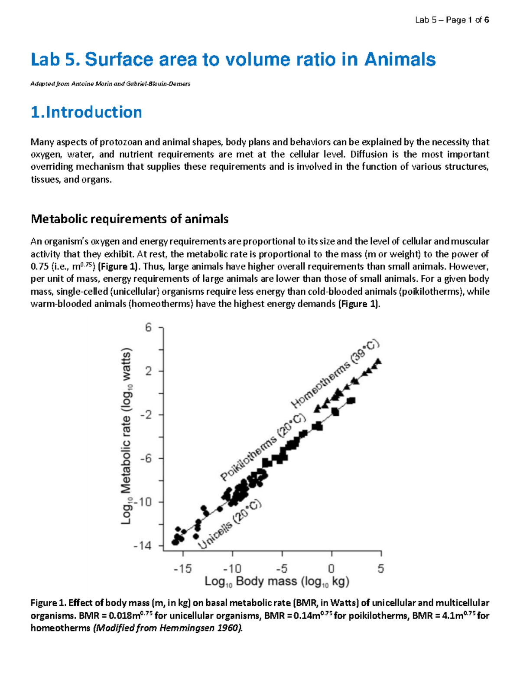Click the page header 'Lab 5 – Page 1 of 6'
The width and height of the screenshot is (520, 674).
[452, 20]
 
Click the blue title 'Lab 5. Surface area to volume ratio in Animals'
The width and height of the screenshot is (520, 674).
[233, 59]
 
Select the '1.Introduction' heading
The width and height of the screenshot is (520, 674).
[86, 112]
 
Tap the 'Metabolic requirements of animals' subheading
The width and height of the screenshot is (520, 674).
[130, 219]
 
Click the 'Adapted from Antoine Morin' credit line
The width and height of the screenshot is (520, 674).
[110, 84]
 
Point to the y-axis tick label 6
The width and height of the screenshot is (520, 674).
[149, 328]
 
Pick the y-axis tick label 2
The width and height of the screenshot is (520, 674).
[149, 371]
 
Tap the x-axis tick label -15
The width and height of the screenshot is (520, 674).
[182, 569]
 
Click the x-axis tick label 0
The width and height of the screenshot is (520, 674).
[331, 569]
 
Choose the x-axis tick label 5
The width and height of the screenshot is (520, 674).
[381, 569]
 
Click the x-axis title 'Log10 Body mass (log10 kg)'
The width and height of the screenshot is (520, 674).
[277, 582]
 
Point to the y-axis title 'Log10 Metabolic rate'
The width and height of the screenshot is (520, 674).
[126, 436]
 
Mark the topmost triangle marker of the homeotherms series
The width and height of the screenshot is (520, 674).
[378, 361]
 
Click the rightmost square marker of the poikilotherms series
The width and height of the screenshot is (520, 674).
[351, 400]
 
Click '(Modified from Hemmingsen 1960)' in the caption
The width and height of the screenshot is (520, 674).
[168, 628]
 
